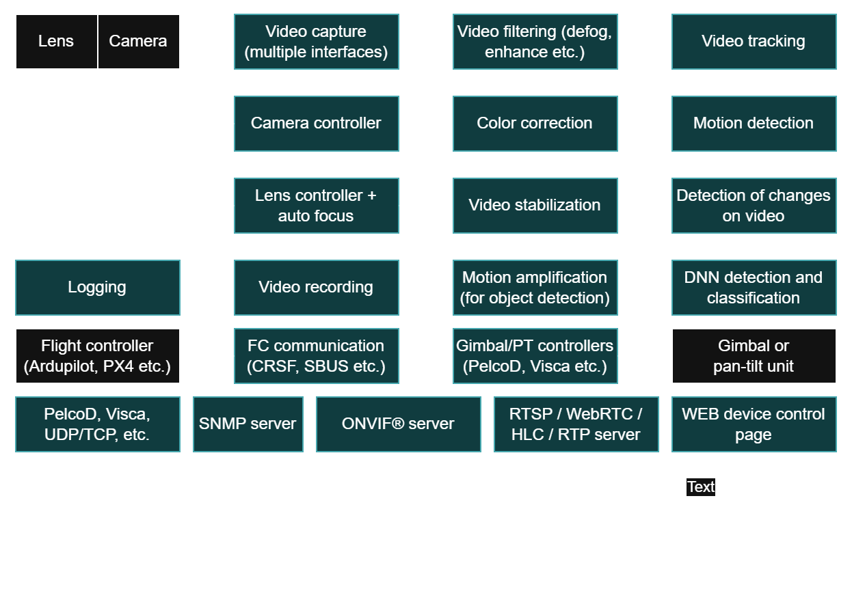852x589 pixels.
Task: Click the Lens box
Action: coord(56,42)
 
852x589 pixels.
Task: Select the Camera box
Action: coord(138,42)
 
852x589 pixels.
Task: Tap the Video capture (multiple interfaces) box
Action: coord(316,42)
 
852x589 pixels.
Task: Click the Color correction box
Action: coord(535,124)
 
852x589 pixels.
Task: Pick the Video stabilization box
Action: coord(535,206)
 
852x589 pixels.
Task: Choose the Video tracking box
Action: coord(754,42)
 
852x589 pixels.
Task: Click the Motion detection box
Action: coord(754,124)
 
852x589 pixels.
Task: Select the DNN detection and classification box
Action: coord(754,288)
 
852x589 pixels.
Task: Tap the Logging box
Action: coord(97,288)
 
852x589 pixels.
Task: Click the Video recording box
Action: coord(316,288)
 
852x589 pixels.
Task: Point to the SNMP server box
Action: coord(248,424)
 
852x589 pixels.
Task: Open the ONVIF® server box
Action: coord(398,424)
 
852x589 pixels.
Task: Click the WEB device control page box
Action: coord(754,424)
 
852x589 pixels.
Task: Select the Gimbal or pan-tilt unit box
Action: coord(754,356)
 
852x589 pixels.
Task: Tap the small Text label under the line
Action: coord(701,487)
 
